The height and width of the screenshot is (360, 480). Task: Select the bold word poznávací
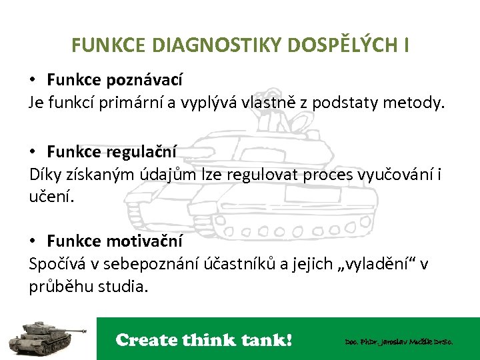(144, 80)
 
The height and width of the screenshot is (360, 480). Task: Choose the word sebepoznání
(148, 264)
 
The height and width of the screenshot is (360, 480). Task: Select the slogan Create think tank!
(204, 340)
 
